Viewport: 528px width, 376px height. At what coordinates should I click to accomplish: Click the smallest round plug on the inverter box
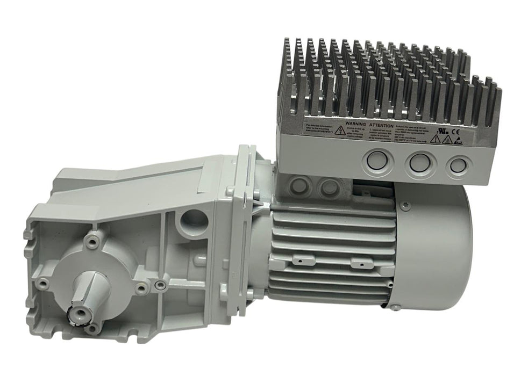point(457,165)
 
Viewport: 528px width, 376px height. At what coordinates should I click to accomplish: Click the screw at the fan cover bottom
point(394,307)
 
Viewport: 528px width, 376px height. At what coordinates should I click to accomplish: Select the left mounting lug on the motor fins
point(295,263)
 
